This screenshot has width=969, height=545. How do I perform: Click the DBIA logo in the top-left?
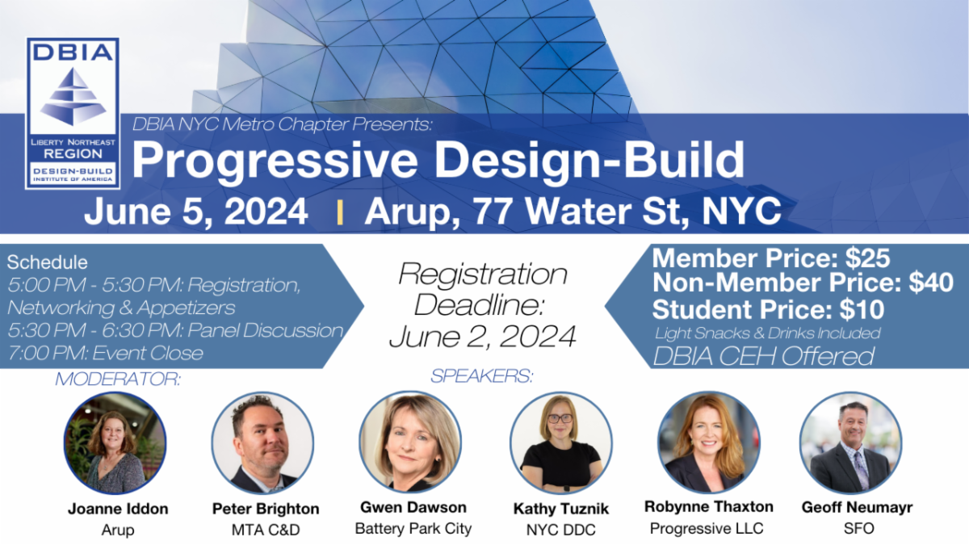tap(73, 113)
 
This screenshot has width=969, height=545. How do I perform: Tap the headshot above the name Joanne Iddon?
tap(115, 443)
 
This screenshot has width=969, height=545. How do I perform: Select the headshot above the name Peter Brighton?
tap(262, 443)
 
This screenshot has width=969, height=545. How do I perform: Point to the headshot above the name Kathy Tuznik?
tap(560, 443)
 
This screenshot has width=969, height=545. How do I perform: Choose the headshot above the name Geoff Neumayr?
tap(850, 443)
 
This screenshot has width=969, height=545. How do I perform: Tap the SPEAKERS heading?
tap(482, 376)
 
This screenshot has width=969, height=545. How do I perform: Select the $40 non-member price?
tap(928, 283)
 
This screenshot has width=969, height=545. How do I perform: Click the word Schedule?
tap(47, 263)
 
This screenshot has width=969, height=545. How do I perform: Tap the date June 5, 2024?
tap(195, 212)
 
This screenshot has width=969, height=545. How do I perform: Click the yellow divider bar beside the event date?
tap(340, 212)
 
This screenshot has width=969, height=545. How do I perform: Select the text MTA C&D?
tap(265, 530)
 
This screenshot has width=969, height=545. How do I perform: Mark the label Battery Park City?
tap(413, 530)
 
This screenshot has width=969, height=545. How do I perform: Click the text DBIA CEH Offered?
tap(763, 355)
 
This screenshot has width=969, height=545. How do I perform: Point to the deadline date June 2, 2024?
tap(482, 336)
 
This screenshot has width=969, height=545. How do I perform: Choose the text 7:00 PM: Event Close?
tap(104, 353)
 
